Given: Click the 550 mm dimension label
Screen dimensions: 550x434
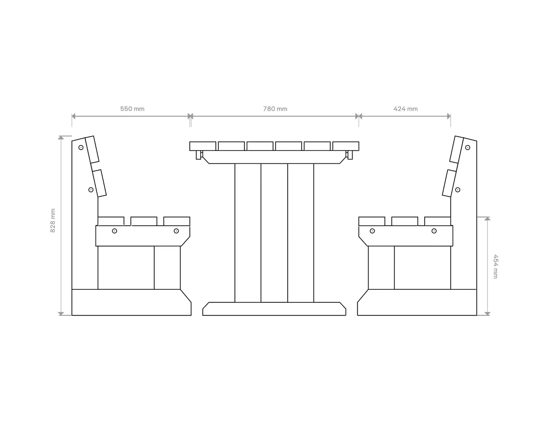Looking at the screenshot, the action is [x=132, y=109].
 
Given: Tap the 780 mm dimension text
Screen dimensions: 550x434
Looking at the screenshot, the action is [x=275, y=109].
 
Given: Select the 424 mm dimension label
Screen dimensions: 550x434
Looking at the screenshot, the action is [x=405, y=109].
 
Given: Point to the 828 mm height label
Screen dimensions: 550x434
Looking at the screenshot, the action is [x=53, y=221].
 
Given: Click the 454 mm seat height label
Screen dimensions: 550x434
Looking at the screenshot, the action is [x=495, y=266].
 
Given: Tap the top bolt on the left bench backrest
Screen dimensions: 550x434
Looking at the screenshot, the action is [x=81, y=147].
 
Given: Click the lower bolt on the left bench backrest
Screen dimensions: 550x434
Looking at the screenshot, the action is [x=91, y=190].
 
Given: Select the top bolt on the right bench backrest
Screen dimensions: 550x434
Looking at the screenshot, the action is [x=467, y=147].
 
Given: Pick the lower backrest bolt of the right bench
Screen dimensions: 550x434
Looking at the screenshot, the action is [x=458, y=190].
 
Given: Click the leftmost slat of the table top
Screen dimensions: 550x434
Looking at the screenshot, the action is [x=203, y=146].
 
